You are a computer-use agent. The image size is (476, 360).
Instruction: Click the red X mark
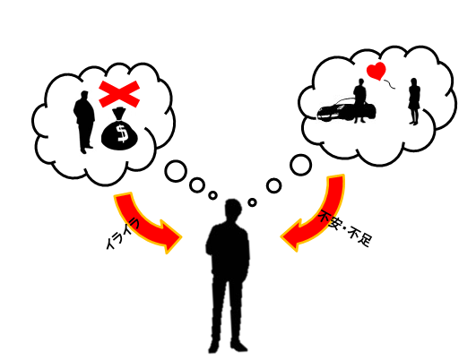(119, 94)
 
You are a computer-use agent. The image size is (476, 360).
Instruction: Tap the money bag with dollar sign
(119, 130)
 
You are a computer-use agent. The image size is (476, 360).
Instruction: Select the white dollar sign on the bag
(123, 133)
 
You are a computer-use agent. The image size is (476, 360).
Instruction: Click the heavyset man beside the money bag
(84, 122)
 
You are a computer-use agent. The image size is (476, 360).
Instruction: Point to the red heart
(376, 71)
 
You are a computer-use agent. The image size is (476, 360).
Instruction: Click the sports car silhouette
(346, 111)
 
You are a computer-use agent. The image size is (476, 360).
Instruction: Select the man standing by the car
(360, 100)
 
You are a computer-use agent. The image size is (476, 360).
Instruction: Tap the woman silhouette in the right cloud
(414, 101)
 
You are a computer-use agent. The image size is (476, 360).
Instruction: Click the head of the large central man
(233, 210)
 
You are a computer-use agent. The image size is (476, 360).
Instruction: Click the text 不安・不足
(345, 228)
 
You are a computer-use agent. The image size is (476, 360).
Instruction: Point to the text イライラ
(122, 233)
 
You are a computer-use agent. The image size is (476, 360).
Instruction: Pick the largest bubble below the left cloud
(176, 171)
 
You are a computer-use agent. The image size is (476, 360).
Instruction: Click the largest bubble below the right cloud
(300, 165)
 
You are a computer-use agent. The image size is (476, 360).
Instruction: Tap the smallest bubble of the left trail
(212, 195)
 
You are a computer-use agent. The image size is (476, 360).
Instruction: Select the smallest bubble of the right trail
(252, 202)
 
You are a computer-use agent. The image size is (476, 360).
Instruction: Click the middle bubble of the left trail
(197, 185)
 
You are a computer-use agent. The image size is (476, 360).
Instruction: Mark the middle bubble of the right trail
(273, 185)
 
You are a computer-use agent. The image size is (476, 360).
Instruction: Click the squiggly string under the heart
(389, 84)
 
